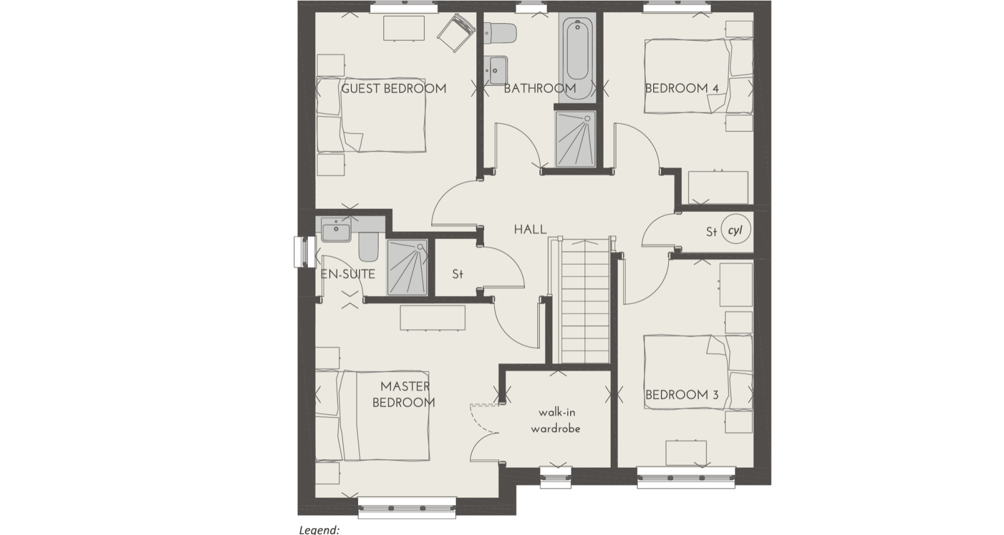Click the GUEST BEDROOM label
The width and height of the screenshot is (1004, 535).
pos(393,89)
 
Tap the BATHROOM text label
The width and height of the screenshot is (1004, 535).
pos(539,89)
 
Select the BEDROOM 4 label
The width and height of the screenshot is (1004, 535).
pos(682,89)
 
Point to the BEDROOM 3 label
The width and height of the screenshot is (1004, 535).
pos(682,395)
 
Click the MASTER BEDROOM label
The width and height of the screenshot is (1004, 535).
pos(404,394)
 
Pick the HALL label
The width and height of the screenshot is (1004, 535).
pos(530,230)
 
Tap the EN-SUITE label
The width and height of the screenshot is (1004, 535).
pos(347,274)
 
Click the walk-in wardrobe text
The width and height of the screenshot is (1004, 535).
pos(556,421)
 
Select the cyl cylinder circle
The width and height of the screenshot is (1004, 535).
pos(736,230)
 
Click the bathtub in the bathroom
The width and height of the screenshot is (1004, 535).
pos(577,59)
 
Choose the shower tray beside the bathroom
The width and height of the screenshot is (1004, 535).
pos(576,139)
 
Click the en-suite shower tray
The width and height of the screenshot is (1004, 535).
pos(408,267)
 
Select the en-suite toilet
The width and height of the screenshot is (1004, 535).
pos(368,247)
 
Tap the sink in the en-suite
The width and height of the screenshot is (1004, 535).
pos(336,231)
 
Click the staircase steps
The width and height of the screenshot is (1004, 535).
pos(583,301)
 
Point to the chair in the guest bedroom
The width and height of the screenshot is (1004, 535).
pos(456,33)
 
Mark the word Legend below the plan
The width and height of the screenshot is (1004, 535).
pos(319,529)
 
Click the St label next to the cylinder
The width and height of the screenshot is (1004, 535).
pos(711,231)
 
